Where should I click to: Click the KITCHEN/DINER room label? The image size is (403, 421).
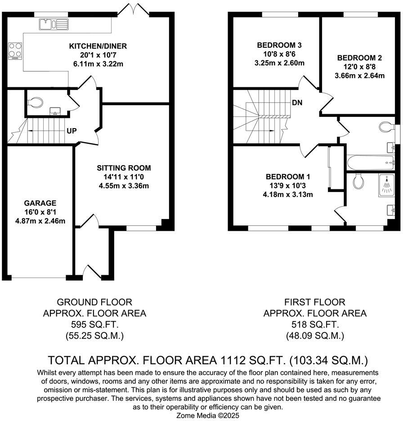[98, 46]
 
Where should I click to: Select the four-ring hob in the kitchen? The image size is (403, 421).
[14, 50]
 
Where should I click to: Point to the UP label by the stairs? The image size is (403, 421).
[72, 131]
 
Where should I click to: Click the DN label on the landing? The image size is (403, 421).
[297, 102]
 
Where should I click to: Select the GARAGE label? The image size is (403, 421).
[41, 203]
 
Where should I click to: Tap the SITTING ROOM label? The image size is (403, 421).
[121, 168]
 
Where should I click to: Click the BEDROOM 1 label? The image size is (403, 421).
[288, 176]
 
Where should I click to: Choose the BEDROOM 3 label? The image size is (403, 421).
[279, 45]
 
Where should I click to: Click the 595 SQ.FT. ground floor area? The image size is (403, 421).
[94, 324]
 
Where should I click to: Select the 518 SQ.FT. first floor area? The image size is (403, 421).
[315, 324]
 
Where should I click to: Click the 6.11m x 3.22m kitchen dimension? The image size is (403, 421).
[98, 64]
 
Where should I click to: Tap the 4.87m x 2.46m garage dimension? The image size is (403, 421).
[41, 221]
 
